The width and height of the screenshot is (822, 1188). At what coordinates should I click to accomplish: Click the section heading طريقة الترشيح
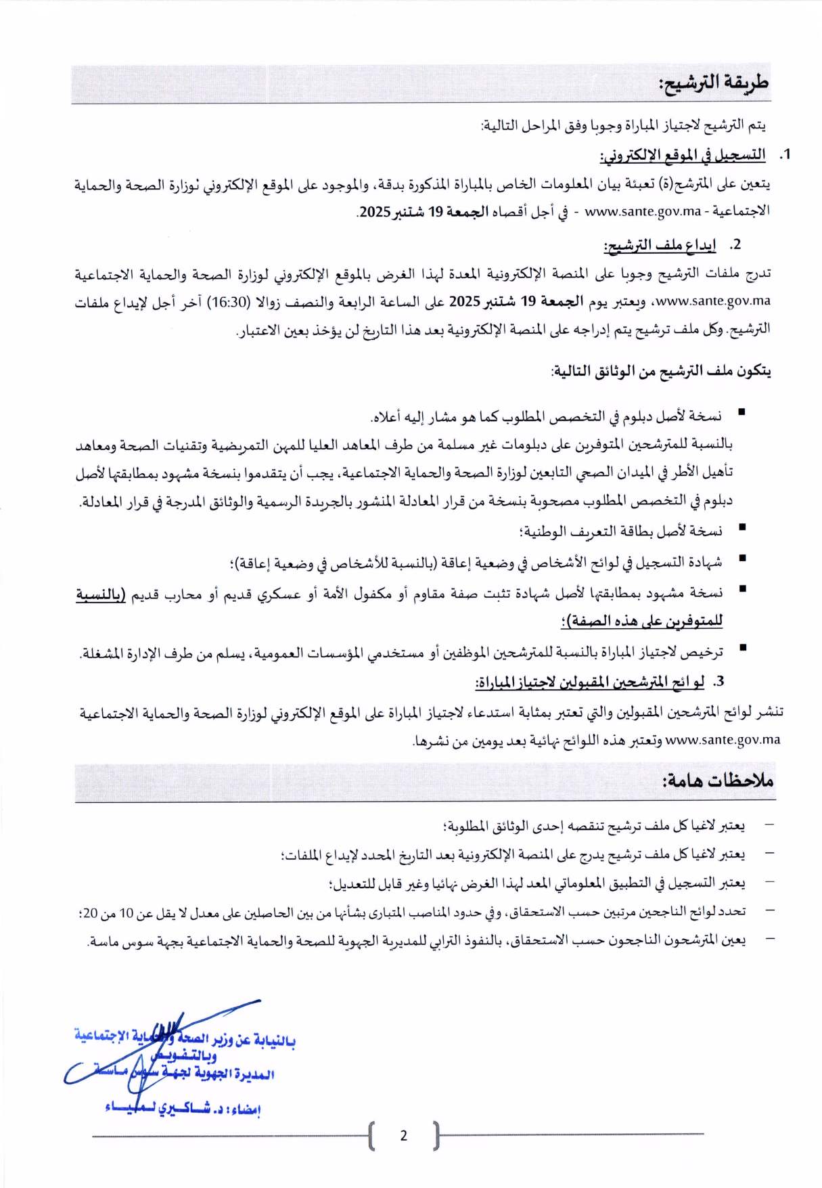coord(714,83)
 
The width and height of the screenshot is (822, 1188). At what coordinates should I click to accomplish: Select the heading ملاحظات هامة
coord(718,780)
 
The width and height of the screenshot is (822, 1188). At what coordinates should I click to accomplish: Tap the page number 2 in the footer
coord(404,1135)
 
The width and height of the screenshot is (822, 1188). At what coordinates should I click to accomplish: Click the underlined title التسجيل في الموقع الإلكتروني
coord(683,155)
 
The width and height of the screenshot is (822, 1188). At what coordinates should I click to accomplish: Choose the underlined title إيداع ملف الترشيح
coord(660,245)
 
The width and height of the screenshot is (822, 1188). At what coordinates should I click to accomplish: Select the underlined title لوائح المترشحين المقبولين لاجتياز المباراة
coord(590,682)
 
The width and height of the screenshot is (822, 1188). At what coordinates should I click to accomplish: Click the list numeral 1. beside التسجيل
coord(785,155)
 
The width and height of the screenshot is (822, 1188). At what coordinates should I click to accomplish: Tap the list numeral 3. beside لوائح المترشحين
coord(719,681)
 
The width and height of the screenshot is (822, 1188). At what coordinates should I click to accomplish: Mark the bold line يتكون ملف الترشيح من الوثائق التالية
coord(661,371)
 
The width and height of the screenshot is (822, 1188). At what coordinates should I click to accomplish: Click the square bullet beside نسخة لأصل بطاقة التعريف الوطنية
coord(742,527)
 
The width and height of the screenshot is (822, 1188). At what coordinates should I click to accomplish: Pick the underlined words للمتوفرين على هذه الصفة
coord(641,621)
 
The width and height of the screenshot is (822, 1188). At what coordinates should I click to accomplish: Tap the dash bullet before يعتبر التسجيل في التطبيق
coord(769,883)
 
